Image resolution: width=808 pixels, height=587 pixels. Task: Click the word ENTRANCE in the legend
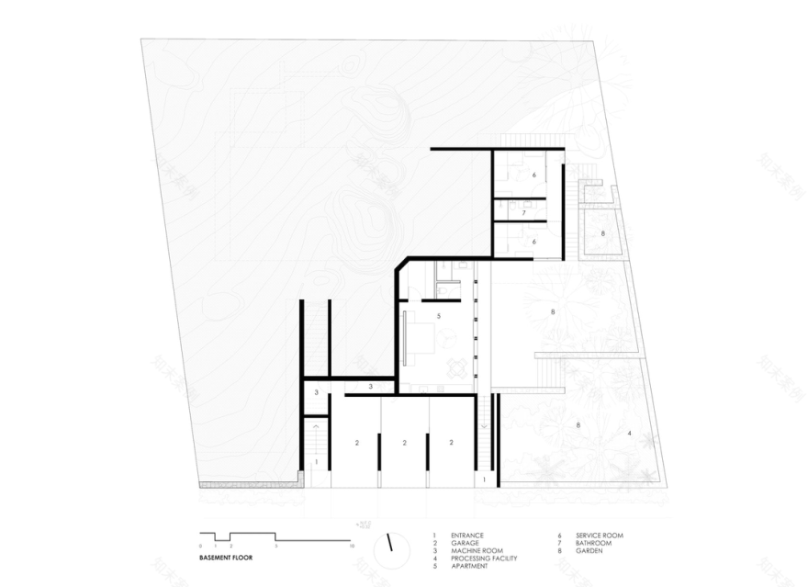(466, 535)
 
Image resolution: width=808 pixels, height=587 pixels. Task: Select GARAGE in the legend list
(464, 543)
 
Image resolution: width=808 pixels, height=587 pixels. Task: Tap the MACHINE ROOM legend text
(472, 550)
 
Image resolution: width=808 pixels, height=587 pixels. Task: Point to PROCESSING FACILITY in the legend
(484, 559)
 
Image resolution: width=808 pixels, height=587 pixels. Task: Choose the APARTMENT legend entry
(468, 566)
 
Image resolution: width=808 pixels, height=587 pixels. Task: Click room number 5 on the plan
(440, 316)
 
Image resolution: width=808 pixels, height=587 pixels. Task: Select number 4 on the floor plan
(630, 433)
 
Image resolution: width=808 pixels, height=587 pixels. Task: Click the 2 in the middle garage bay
(404, 443)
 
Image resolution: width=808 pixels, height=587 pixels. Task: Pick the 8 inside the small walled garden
(603, 234)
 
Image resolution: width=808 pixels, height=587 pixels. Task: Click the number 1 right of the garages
(483, 480)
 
